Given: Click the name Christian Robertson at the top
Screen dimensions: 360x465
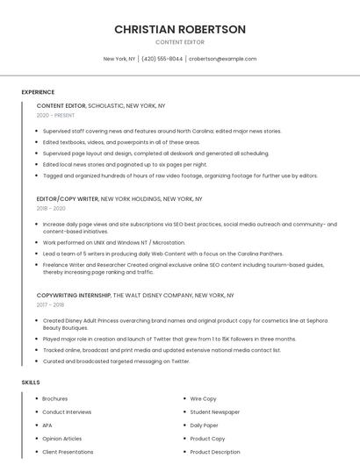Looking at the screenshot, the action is [x=180, y=30].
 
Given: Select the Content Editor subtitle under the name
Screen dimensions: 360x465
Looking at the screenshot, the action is [x=180, y=42].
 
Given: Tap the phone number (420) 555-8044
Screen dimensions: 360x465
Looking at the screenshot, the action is [x=162, y=59].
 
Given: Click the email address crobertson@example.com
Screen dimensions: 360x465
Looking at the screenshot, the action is [x=222, y=59].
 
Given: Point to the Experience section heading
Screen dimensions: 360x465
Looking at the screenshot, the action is [x=38, y=92].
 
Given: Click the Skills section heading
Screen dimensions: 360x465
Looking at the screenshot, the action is [x=31, y=383].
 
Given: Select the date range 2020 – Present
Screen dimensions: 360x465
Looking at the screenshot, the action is [x=55, y=115].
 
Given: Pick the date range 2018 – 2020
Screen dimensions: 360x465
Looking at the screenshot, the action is [x=51, y=208].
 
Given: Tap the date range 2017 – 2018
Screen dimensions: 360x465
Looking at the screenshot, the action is [x=50, y=304].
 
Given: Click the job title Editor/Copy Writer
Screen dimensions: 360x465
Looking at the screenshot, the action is [x=68, y=199].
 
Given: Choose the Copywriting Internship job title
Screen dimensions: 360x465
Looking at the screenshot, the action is [x=74, y=296].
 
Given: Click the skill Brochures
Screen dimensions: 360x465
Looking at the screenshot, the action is [x=54, y=398].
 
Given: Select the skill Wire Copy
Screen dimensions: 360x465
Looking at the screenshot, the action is [x=203, y=398].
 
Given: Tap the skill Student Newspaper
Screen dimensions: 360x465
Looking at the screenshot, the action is [x=214, y=411].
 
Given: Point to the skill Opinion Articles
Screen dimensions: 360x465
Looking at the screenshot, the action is [x=61, y=439].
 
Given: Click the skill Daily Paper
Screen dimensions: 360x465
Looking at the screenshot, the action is [x=205, y=425].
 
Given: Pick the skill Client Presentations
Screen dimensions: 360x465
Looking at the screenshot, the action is [x=68, y=452].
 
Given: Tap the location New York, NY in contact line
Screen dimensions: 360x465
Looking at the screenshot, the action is [x=119, y=59].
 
